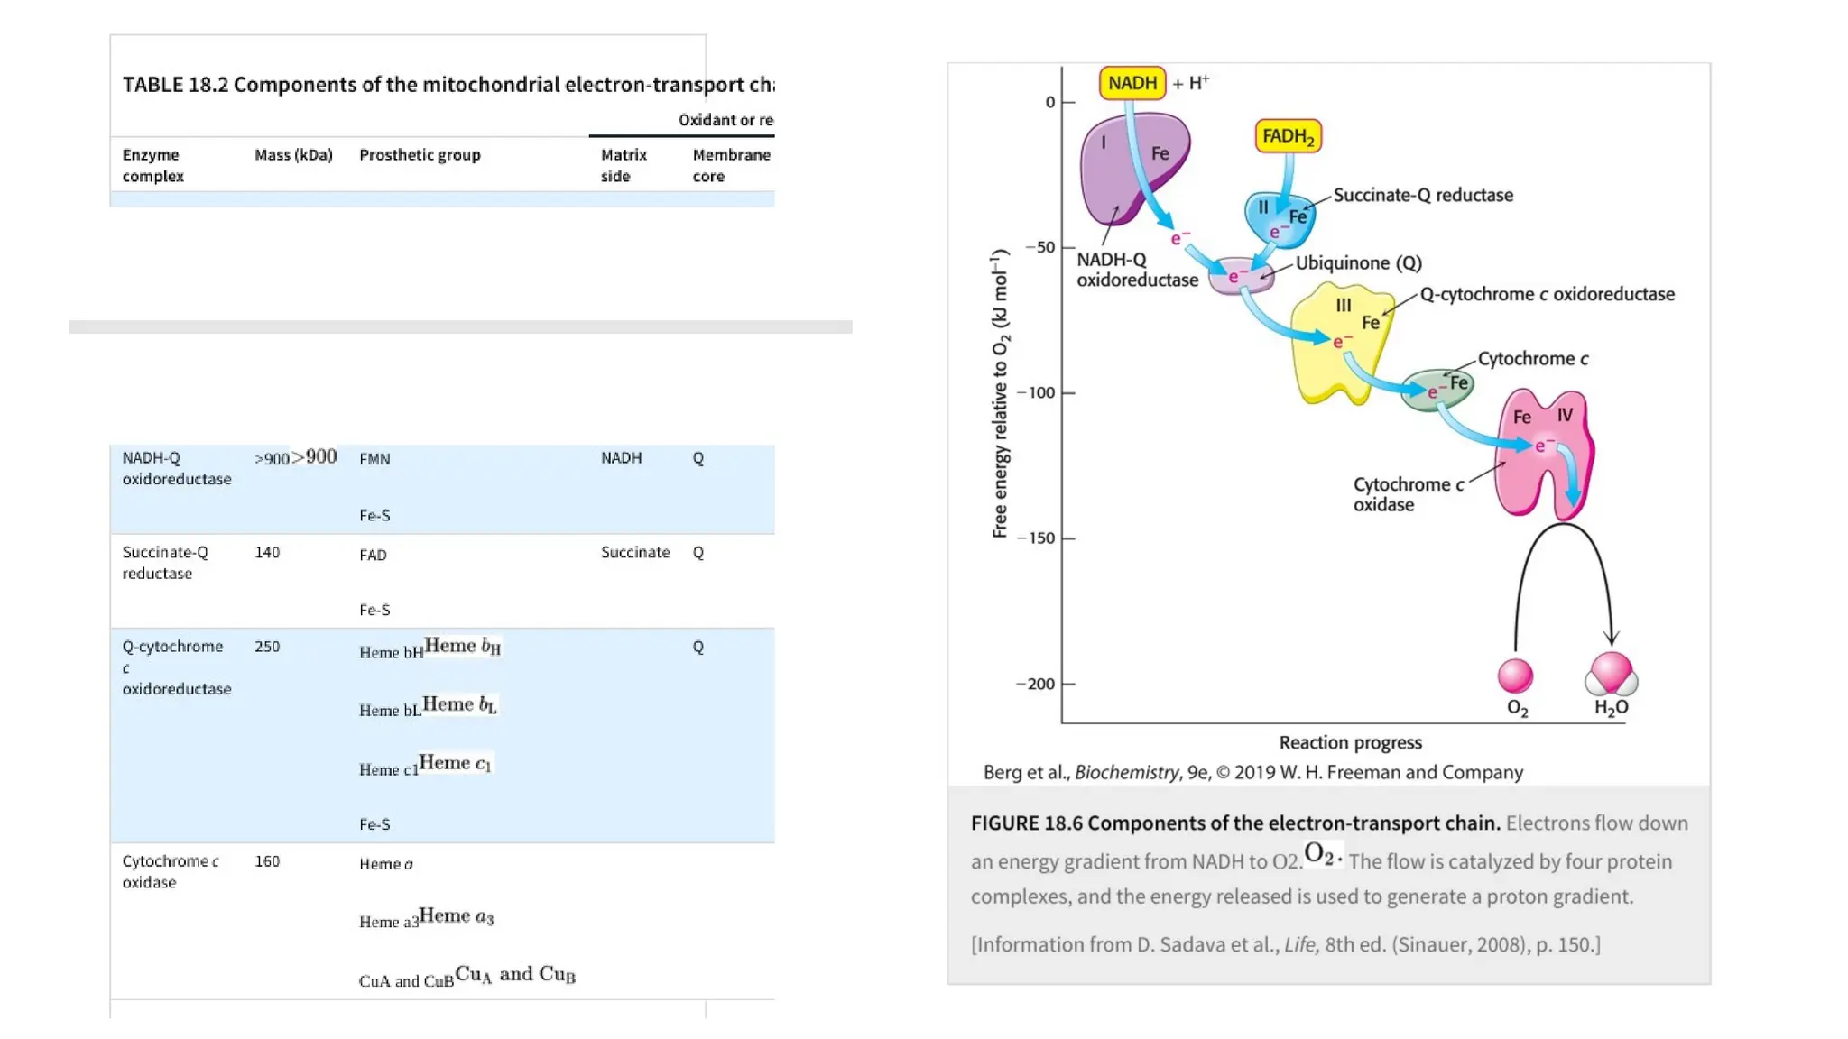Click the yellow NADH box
(1132, 83)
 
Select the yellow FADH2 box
(1288, 136)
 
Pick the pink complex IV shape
(1543, 451)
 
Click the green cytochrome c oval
(1439, 390)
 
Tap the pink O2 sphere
(1515, 675)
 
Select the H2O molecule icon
(1611, 674)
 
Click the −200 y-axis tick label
(1036, 684)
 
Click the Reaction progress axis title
(1350, 742)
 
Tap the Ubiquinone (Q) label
(1358, 262)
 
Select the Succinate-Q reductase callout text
(1423, 195)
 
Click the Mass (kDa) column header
(293, 155)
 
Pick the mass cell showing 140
(267, 552)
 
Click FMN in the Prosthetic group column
(374, 459)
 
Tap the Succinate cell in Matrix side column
(635, 552)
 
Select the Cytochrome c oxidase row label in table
(170, 871)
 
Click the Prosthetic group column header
(420, 155)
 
